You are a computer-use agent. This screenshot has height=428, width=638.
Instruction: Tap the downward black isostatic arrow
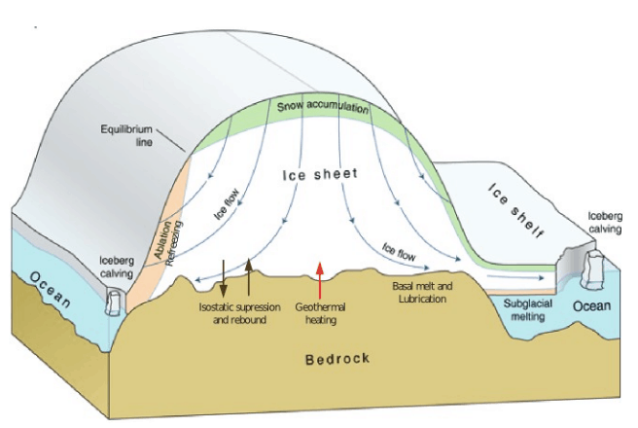pyautogui.click(x=224, y=276)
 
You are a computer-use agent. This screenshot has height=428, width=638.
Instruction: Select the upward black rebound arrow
pyautogui.click(x=248, y=275)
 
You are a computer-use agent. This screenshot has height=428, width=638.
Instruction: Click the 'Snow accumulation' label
pyautogui.click(x=324, y=107)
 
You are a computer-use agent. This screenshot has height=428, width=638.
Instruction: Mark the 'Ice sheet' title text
pyautogui.click(x=320, y=175)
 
